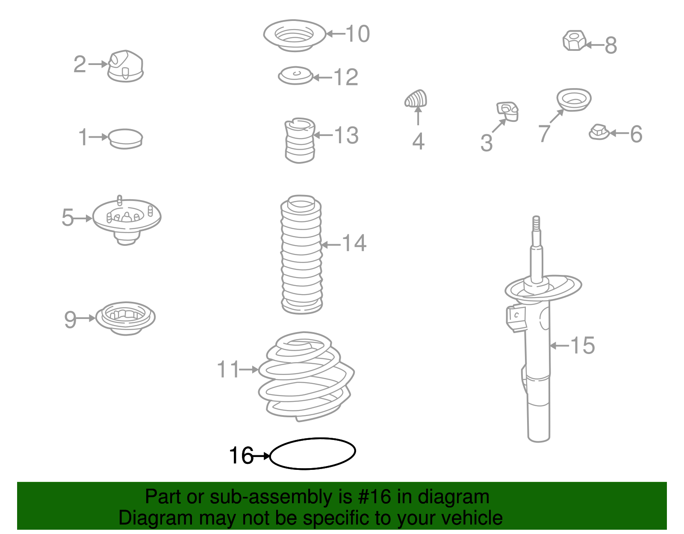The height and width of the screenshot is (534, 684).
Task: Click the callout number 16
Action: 241,455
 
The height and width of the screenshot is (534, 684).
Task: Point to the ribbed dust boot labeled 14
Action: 301,254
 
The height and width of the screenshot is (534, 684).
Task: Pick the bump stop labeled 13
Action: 300,140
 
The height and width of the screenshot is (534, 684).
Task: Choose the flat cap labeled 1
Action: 125,139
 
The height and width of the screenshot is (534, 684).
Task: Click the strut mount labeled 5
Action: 127,220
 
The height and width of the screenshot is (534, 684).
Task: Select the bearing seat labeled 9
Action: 125,319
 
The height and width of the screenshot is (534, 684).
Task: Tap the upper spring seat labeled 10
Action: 294,35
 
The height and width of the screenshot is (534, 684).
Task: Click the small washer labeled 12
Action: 295,76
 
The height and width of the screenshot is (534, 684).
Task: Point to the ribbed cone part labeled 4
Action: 416,98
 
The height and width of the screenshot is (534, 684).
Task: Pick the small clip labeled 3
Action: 507,111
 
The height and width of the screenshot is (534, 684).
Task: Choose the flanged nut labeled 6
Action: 598,132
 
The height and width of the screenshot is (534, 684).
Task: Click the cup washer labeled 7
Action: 574,100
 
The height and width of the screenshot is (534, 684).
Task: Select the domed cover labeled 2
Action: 125,66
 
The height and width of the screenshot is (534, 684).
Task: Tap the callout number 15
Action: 582,345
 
